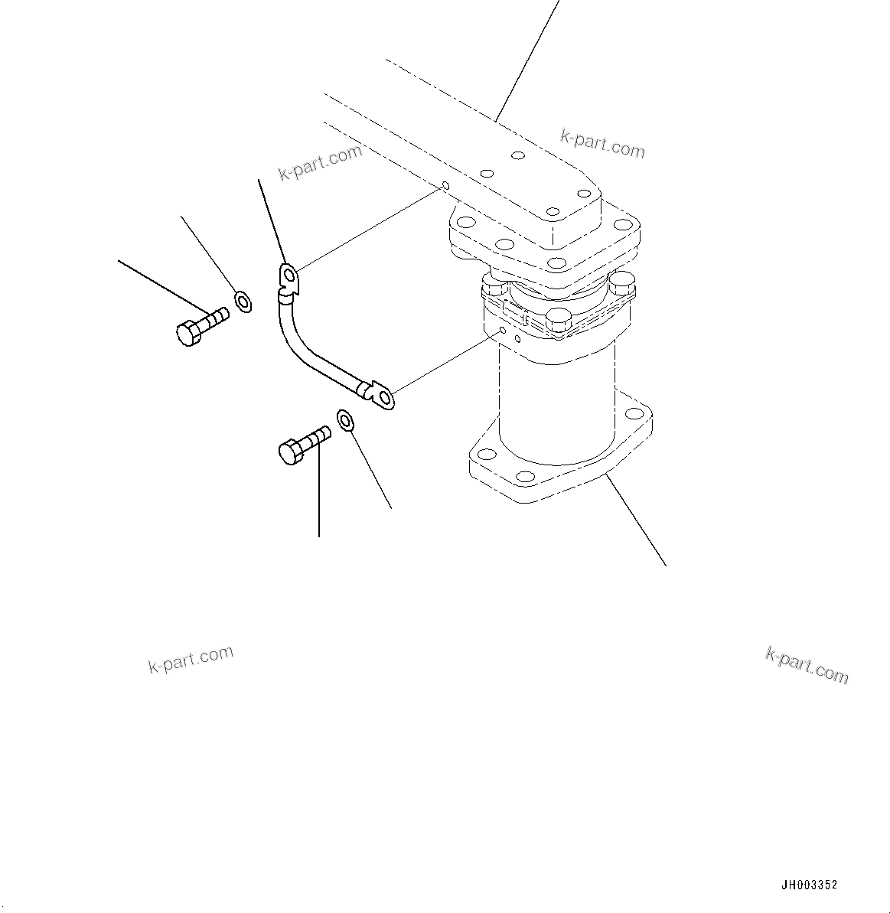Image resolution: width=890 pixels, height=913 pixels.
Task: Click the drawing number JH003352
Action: [809, 885]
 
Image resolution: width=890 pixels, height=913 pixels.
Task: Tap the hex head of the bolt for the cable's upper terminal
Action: [187, 334]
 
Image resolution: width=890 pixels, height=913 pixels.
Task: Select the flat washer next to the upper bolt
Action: [243, 301]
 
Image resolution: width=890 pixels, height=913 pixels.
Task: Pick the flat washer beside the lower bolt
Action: [344, 420]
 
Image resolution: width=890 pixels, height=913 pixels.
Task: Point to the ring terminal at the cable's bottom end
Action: [382, 396]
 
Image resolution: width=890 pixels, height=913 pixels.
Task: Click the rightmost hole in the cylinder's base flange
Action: [635, 414]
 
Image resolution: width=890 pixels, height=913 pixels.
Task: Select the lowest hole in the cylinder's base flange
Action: [526, 476]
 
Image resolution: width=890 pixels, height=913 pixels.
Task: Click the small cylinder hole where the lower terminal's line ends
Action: [501, 330]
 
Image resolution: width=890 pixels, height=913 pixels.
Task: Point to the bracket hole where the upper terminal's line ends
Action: [445, 186]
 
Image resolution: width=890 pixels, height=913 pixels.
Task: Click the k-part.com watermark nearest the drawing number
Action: [807, 664]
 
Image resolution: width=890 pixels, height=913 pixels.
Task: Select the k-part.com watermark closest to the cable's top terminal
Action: [320, 162]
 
